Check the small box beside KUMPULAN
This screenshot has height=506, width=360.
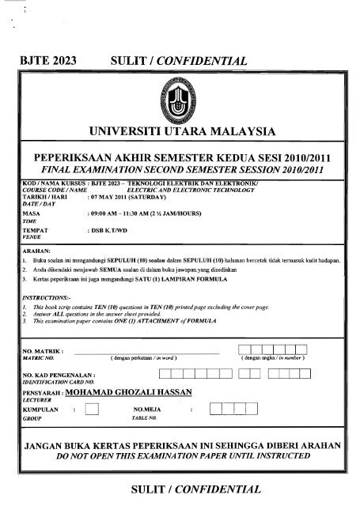coord(92,409)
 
